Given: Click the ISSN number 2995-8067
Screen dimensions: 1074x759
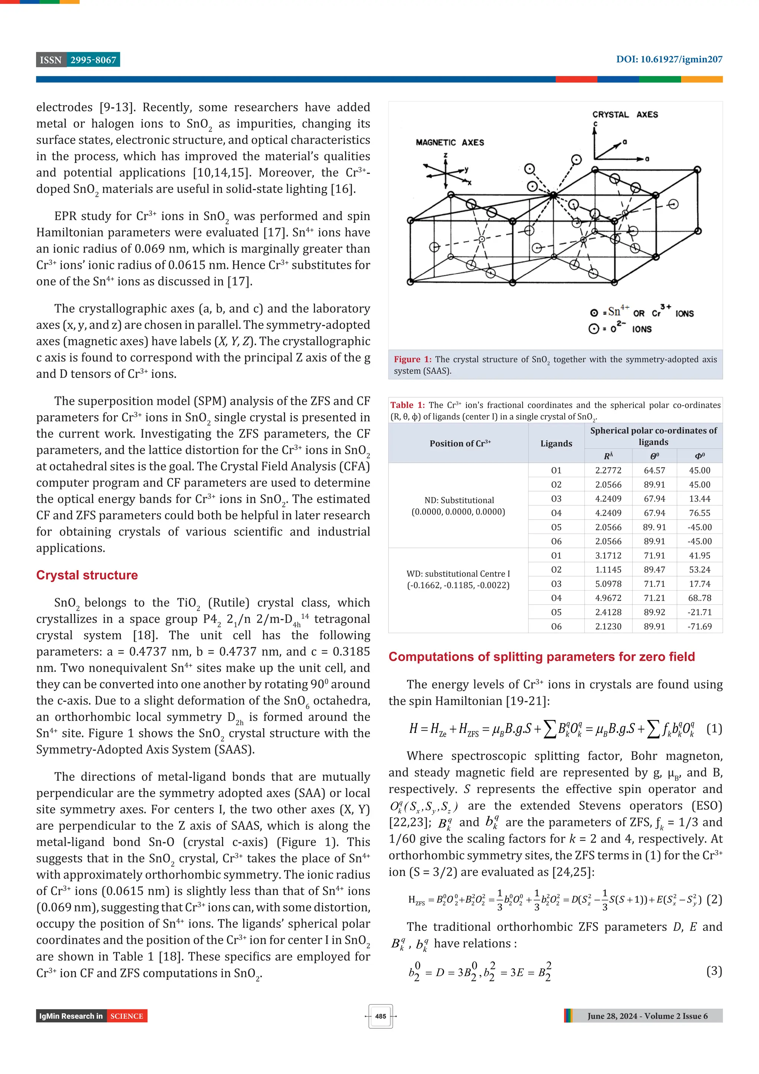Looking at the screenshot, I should pos(93,60).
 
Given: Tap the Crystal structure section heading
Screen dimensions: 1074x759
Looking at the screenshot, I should pos(87,575).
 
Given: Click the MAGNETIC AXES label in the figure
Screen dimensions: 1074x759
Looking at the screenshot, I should pos(450,142).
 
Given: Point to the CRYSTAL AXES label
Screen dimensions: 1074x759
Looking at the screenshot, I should pos(625,115).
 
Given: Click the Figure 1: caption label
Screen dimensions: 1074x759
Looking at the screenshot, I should pos(412,359).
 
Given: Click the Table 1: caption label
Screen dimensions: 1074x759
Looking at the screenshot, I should pos(407,405).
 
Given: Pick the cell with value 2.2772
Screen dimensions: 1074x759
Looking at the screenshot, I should pos(608,470).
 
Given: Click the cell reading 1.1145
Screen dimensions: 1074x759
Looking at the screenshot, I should pos(608,569).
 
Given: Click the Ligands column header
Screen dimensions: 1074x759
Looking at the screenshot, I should pos(556,443).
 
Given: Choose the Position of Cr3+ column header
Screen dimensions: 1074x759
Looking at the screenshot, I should pos(460,443).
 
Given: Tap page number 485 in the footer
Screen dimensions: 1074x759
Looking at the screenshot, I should pos(380,1016).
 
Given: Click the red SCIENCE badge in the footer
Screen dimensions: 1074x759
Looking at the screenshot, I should pos(126,1016).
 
